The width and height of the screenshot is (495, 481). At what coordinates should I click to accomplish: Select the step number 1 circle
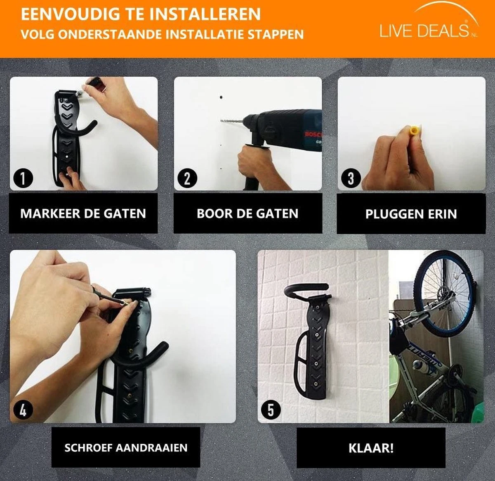23,178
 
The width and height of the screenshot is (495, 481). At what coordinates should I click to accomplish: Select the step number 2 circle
187,178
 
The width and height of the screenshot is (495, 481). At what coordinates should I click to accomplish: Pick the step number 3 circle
351,178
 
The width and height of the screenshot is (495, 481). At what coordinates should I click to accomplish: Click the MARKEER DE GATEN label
83,213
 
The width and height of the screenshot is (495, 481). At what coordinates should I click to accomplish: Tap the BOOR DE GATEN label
247,213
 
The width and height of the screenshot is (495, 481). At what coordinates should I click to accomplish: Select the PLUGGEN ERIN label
411,214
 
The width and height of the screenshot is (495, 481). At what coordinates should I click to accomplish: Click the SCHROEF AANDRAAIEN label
126,448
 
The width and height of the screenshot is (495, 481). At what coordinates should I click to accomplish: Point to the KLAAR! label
371,448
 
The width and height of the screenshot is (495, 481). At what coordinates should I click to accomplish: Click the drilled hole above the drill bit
221,98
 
